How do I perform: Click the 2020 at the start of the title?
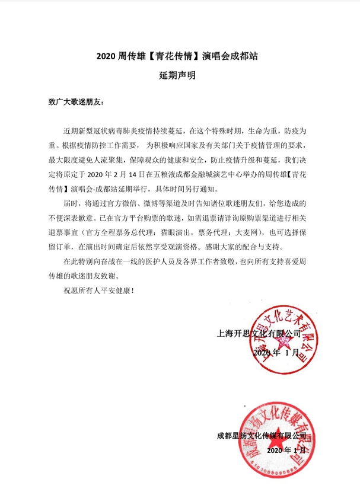point(106,58)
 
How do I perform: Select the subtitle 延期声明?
point(179,75)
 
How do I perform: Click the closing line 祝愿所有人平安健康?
point(99,291)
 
